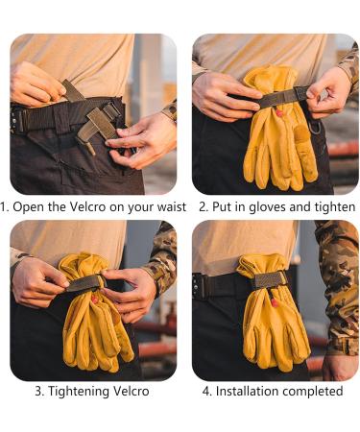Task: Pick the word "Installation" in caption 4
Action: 252,391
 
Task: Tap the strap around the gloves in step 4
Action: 269,279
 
